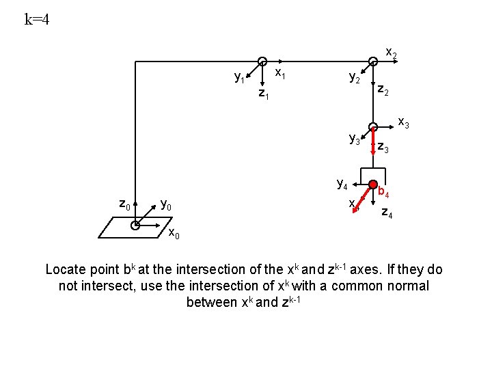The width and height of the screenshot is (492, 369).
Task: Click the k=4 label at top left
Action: click(x=37, y=19)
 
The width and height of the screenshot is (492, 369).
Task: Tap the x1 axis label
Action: click(x=280, y=72)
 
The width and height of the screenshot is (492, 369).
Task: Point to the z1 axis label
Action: click(x=263, y=94)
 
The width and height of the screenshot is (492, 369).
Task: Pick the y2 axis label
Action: click(x=355, y=79)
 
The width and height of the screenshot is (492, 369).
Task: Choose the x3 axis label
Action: click(x=404, y=124)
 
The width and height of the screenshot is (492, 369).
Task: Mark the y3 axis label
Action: click(x=355, y=140)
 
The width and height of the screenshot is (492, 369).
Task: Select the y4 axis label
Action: click(x=342, y=183)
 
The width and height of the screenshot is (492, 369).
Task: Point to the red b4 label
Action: click(x=384, y=193)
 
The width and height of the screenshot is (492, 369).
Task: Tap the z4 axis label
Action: click(x=387, y=212)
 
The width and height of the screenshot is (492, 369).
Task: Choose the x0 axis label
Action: click(x=174, y=234)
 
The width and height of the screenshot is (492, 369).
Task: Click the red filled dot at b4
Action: click(x=373, y=185)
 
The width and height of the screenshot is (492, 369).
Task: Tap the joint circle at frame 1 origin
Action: click(x=262, y=61)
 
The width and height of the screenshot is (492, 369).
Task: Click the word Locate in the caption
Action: click(x=67, y=269)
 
